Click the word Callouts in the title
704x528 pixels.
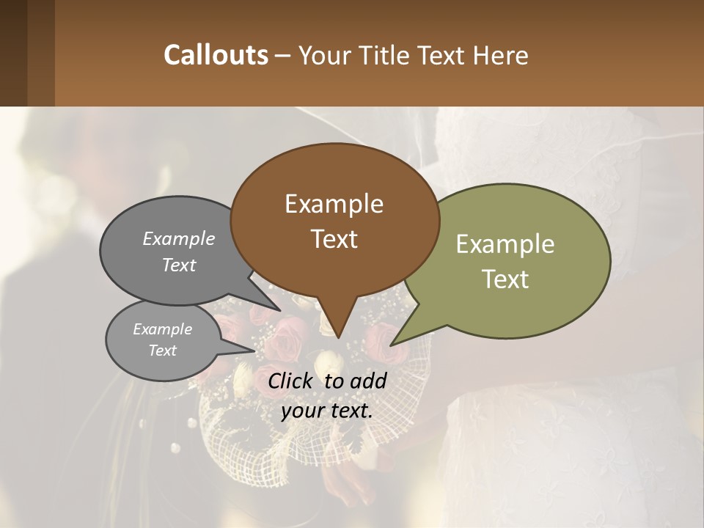[x=216, y=55]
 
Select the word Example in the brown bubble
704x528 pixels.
[x=334, y=204]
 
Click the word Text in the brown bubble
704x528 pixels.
[x=334, y=239]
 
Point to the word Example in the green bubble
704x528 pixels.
[x=505, y=244]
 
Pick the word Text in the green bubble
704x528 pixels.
[x=505, y=279]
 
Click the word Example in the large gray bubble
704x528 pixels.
[x=179, y=238]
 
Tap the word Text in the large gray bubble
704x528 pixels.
[x=179, y=265]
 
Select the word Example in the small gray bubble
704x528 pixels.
[x=163, y=329]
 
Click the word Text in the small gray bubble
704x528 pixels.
[x=163, y=351]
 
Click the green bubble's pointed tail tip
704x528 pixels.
[x=391, y=345]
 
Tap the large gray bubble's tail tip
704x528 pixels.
[x=279, y=310]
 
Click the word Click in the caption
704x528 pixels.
[x=291, y=381]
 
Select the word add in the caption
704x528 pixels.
[x=369, y=381]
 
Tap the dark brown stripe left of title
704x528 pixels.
[x=13, y=53]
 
